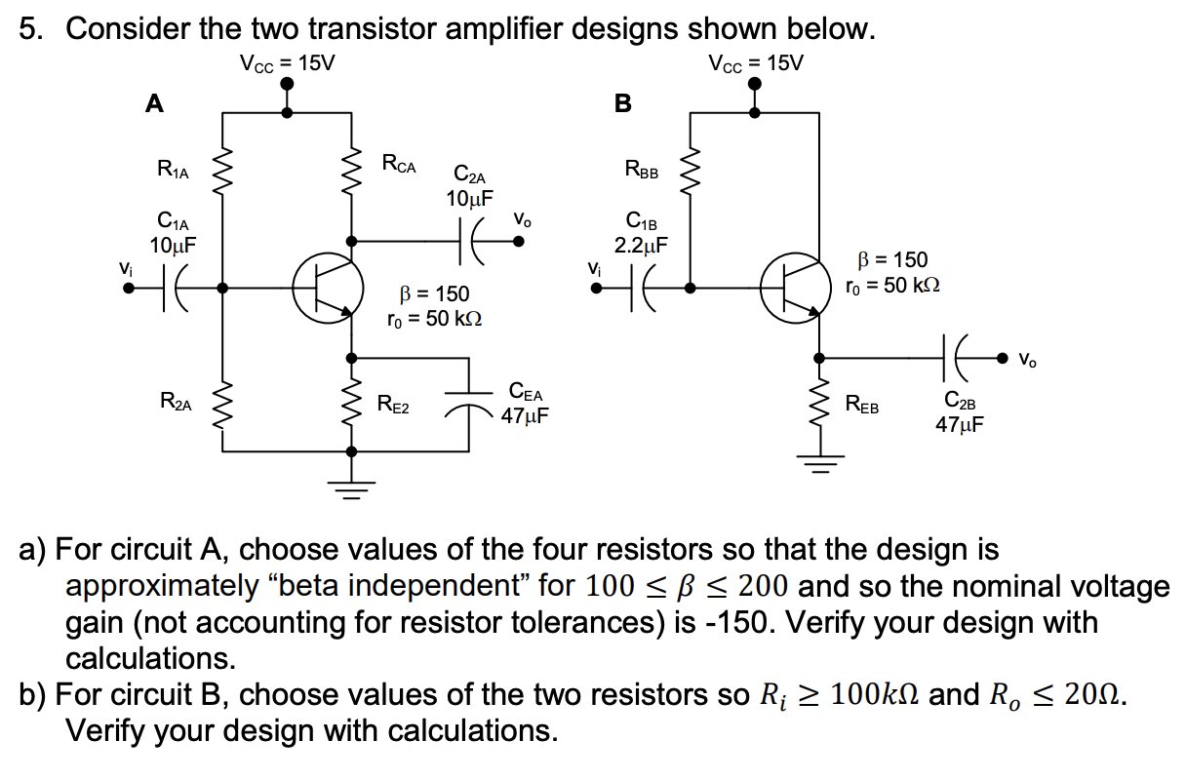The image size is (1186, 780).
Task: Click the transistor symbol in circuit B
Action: click(795, 288)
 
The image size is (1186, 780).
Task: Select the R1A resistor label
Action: click(174, 172)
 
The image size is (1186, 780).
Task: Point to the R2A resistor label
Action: click(175, 401)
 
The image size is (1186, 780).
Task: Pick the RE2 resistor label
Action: click(393, 406)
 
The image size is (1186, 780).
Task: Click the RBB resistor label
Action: click(641, 172)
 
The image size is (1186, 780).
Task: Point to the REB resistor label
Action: click(861, 406)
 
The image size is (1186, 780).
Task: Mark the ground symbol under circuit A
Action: click(351, 486)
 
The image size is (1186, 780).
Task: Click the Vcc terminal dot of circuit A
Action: click(287, 86)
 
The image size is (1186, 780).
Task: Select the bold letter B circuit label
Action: click(622, 101)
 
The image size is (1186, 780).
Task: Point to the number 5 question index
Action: click(30, 29)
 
